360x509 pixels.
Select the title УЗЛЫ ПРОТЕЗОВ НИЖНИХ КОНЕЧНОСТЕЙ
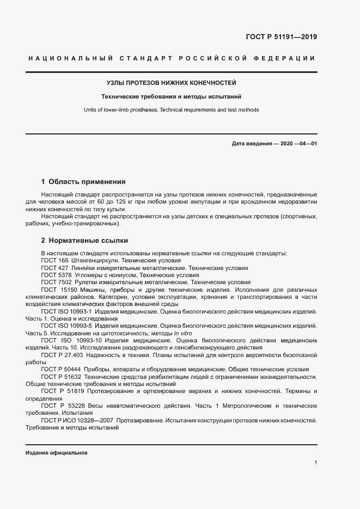click(171, 83)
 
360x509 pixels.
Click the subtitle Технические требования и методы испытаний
click(171, 96)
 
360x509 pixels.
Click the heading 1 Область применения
click(83, 181)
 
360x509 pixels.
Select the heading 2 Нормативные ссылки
click(84, 240)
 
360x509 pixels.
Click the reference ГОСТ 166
click(53, 261)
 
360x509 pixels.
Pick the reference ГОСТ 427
click(53, 268)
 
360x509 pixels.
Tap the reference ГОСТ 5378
click(56, 275)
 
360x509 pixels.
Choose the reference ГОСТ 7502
click(56, 282)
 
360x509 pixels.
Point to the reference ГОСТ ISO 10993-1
click(67, 311)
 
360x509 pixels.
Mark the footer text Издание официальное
click(57, 453)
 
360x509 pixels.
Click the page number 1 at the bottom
click(315, 462)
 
